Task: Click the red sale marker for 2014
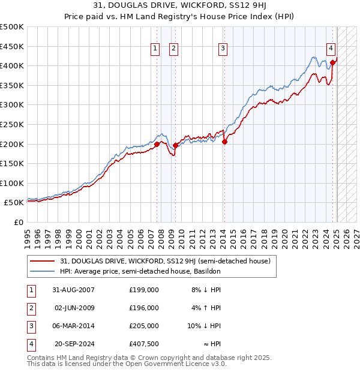[x=224, y=142]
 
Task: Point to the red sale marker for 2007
[x=157, y=144]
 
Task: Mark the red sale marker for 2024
[x=332, y=61]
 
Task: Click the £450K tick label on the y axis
[x=12, y=46]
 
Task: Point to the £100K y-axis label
[x=12, y=183]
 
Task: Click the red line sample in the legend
[x=43, y=261]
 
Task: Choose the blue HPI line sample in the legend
[x=43, y=271]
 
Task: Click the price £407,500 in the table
[x=143, y=344]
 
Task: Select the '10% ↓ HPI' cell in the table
[x=205, y=326]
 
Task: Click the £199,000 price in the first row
[x=143, y=289]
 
